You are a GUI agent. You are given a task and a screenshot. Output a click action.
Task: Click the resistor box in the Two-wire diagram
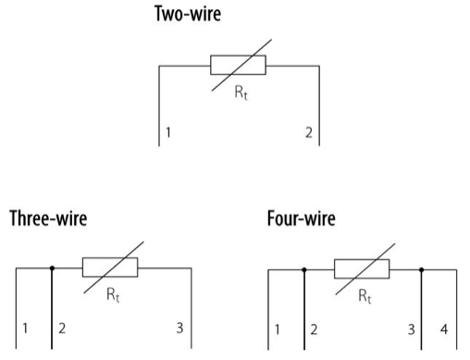pyautogui.click(x=238, y=65)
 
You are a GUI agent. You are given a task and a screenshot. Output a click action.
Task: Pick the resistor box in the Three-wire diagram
pyautogui.click(x=110, y=268)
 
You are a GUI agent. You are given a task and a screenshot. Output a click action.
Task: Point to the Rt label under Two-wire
pyautogui.click(x=241, y=93)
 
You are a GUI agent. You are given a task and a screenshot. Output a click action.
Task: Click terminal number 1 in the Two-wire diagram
pyautogui.click(x=167, y=133)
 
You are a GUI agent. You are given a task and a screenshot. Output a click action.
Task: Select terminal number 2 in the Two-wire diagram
pyautogui.click(x=308, y=133)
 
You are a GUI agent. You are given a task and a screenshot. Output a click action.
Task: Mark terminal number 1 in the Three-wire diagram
pyautogui.click(x=26, y=329)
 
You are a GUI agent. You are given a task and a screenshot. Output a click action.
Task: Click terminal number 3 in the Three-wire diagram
pyautogui.click(x=178, y=329)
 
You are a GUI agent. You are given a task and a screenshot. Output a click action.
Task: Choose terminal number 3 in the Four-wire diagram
pyautogui.click(x=410, y=329)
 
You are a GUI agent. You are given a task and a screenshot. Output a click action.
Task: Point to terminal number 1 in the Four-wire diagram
pyautogui.click(x=278, y=329)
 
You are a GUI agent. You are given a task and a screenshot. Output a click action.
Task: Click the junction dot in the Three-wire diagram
pyautogui.click(x=53, y=269)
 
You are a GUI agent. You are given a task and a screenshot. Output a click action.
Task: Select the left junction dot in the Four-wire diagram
pyautogui.click(x=304, y=270)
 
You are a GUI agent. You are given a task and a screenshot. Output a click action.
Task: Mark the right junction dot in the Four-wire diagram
pyautogui.click(x=422, y=270)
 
